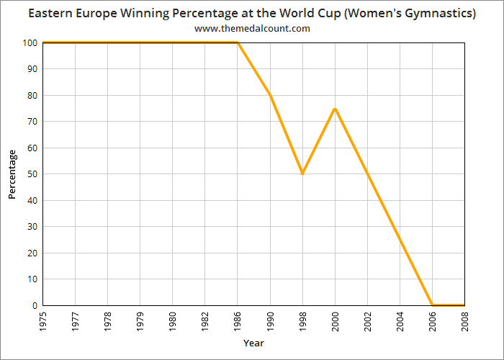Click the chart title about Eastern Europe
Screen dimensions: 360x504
click(x=252, y=14)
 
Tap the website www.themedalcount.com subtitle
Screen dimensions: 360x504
click(x=252, y=28)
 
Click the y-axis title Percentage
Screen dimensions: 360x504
click(x=12, y=174)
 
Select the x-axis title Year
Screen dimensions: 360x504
click(x=253, y=343)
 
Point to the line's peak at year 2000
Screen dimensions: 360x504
click(x=335, y=109)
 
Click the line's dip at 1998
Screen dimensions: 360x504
click(x=302, y=174)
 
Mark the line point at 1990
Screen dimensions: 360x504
click(x=270, y=95)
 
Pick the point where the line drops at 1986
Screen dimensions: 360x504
click(x=238, y=42)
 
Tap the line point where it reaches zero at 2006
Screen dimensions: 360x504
click(x=432, y=305)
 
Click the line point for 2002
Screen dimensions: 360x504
click(x=367, y=174)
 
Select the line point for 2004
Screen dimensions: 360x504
click(x=400, y=239)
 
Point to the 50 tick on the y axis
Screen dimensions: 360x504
click(x=32, y=174)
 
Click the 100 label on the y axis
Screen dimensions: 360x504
click(x=30, y=43)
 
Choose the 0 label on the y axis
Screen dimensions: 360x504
click(x=35, y=305)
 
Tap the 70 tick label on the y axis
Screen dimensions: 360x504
click(x=32, y=122)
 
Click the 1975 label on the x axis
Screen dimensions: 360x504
click(x=43, y=320)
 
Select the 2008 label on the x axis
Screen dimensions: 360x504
click(x=464, y=320)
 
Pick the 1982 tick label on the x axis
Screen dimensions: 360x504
click(x=205, y=320)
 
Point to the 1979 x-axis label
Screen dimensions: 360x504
click(x=140, y=320)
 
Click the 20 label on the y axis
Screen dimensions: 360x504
click(x=32, y=253)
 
